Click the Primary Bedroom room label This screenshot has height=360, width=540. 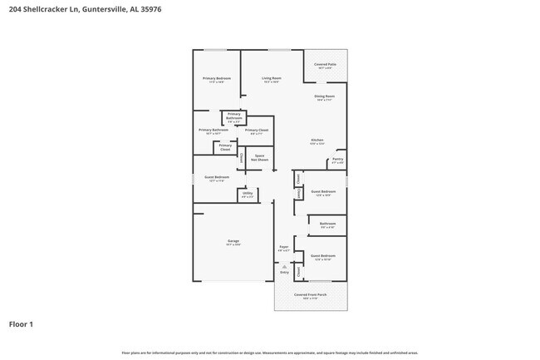point(217,78)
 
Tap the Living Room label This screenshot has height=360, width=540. point(271,78)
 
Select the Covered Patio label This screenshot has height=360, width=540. point(325,65)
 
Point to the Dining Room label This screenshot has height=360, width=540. point(324,97)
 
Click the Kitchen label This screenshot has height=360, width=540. point(317,141)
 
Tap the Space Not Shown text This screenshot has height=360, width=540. point(260,157)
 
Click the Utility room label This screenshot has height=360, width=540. point(247,195)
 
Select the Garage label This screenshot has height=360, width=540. point(233,242)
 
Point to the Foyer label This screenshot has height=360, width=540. point(283,248)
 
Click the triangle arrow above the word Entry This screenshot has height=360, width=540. point(284,266)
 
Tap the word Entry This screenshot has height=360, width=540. point(284,272)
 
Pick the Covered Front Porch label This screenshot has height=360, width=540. point(312,295)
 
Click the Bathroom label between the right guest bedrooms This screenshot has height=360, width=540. point(327,224)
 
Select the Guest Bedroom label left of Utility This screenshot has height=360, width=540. point(216,177)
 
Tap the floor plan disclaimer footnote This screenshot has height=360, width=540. point(269,353)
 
